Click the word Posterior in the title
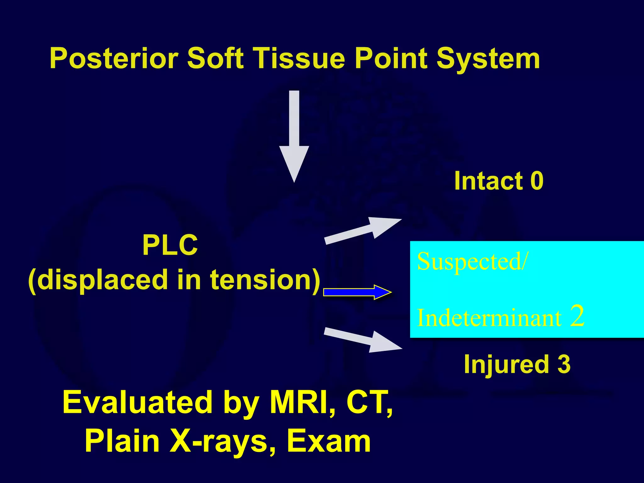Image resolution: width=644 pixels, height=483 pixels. click(114, 58)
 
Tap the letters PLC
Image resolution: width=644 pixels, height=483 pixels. click(170, 246)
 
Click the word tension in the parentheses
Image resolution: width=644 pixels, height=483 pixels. click(265, 280)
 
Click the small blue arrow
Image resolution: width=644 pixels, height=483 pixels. click(357, 292)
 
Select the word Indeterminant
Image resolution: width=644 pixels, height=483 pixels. click(489, 318)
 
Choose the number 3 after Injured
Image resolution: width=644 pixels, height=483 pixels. click(564, 364)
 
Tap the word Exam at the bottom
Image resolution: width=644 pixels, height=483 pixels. click(329, 441)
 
